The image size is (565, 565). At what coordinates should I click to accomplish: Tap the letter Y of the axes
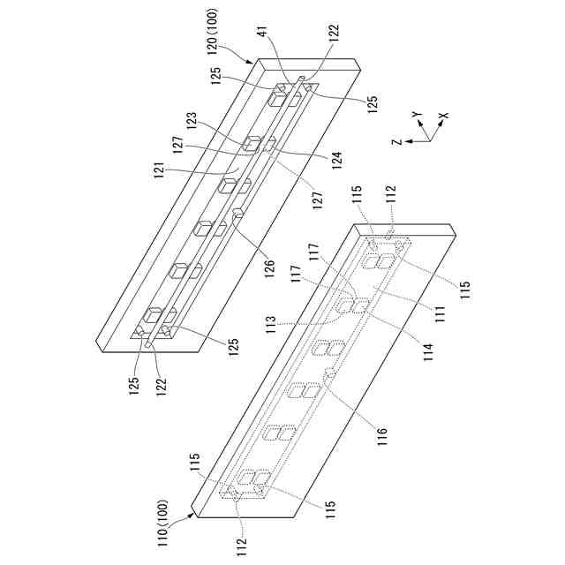pos(416,115)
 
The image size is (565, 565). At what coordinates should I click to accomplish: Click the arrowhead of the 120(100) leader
pos(255,60)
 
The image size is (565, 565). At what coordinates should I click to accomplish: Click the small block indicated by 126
pos(237,213)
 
